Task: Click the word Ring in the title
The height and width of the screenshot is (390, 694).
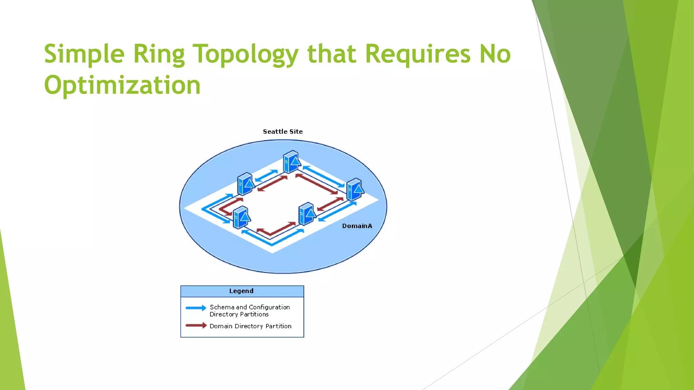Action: pos(159,54)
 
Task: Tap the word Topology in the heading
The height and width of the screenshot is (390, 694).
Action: pos(245,54)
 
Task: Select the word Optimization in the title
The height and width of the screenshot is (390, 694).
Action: pos(122,85)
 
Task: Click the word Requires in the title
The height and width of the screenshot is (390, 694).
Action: pos(418,54)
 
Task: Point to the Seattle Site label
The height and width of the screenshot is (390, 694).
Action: pos(283,132)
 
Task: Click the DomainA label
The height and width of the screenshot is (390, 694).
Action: pos(357,226)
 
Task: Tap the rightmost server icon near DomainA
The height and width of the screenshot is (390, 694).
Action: pos(355,190)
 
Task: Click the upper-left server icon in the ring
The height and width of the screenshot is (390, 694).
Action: pos(246,184)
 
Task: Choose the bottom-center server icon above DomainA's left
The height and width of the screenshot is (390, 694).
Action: pos(307,214)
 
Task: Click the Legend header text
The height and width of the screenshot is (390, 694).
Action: pos(241,291)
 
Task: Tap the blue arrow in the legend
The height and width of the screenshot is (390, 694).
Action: pos(196,308)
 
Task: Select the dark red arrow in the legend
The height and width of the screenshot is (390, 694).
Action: pos(196,326)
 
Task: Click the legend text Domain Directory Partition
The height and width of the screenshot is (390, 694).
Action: pos(250,326)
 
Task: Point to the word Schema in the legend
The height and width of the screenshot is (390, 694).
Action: pos(222,307)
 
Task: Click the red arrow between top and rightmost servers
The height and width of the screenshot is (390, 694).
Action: pos(317,184)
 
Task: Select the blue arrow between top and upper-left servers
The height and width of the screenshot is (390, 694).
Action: pos(266,175)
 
